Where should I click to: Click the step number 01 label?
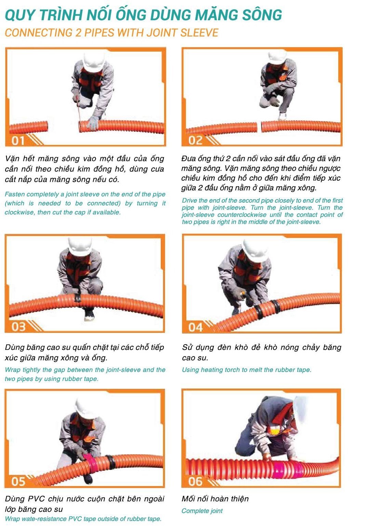click(18, 141)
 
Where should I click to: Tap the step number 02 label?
click(195, 140)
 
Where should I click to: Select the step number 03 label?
click(18, 327)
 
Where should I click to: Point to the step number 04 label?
click(195, 327)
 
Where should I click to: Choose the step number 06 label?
click(195, 482)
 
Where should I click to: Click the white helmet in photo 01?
click(93, 62)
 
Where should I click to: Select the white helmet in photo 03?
click(80, 246)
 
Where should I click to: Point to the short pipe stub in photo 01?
click(29, 127)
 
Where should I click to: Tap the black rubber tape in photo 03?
click(78, 298)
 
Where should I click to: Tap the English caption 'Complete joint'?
click(202, 511)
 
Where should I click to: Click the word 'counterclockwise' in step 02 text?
click(242, 215)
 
